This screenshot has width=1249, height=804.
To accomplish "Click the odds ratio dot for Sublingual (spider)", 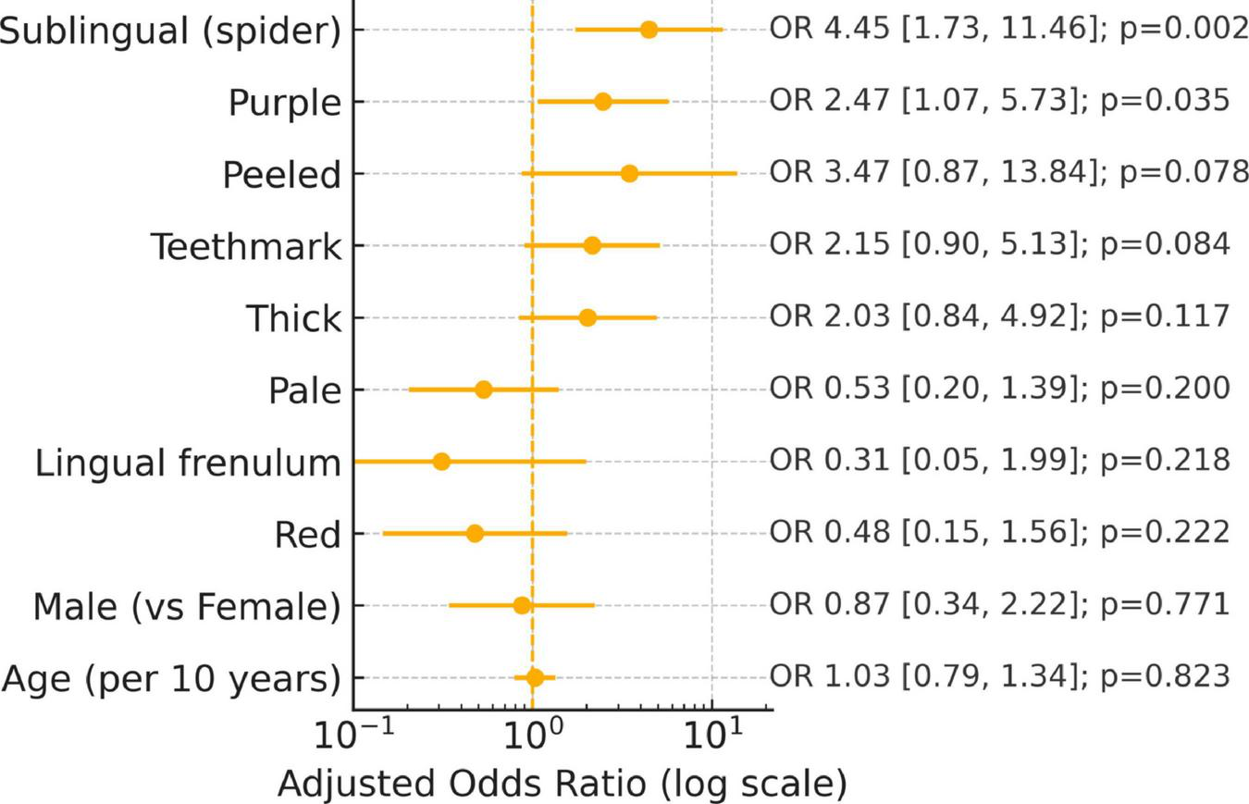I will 649,30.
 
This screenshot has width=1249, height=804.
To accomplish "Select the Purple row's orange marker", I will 602,102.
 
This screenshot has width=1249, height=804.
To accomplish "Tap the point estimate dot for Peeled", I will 629,174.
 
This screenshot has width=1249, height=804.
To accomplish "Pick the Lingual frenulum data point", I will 441,462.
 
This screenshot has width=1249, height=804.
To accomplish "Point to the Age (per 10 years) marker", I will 535,677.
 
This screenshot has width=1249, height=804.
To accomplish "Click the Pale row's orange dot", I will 483,390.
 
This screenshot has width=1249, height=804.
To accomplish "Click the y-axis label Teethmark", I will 245,247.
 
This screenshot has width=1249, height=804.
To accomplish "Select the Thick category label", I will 293,319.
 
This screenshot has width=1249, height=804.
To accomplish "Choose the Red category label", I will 307,535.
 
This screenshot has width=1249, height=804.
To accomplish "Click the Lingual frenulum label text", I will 188,463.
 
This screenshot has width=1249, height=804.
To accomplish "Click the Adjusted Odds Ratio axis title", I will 562,784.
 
